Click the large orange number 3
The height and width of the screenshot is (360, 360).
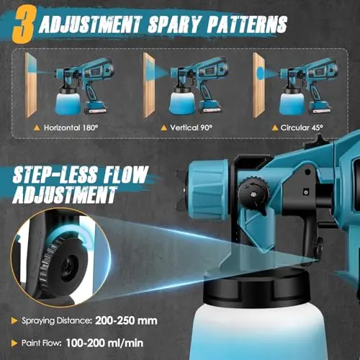24,24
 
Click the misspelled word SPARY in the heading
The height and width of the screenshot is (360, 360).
174,24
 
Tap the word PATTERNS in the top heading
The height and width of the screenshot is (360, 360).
247,24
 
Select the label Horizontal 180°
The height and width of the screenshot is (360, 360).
71,127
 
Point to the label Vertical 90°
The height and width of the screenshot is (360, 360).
191,127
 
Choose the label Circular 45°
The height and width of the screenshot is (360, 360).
302,127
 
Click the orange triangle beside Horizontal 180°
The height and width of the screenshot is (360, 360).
37,128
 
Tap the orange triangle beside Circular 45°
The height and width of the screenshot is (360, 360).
275,128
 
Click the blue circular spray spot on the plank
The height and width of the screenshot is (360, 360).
260,73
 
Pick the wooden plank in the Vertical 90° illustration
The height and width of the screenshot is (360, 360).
149,85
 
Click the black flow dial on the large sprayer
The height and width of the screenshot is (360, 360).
253,193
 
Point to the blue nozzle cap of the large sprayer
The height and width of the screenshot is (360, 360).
208,189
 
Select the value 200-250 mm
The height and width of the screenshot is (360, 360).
126,320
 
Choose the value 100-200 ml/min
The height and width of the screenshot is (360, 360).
104,343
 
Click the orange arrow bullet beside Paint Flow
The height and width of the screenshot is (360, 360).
14,343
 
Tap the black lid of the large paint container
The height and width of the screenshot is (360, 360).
256,286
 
